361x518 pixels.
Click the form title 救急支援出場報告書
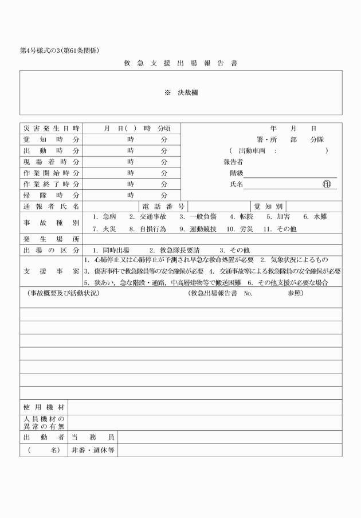coord(181,63)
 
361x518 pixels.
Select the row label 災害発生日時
coord(51,128)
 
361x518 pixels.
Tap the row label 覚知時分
coord(51,139)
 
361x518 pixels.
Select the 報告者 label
coord(234,162)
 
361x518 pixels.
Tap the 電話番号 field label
coord(163,206)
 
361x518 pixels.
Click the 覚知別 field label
coord(268,206)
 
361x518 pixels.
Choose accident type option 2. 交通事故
coord(148,217)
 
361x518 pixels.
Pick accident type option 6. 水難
coord(315,217)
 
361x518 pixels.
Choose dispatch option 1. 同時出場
coord(111,250)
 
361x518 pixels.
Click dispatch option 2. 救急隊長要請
coord(174,250)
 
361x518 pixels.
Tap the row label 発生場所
coord(51,239)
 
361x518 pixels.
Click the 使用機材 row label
coord(44,407)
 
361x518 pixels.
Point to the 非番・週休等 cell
coord(92,450)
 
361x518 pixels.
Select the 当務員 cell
coord(92,437)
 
